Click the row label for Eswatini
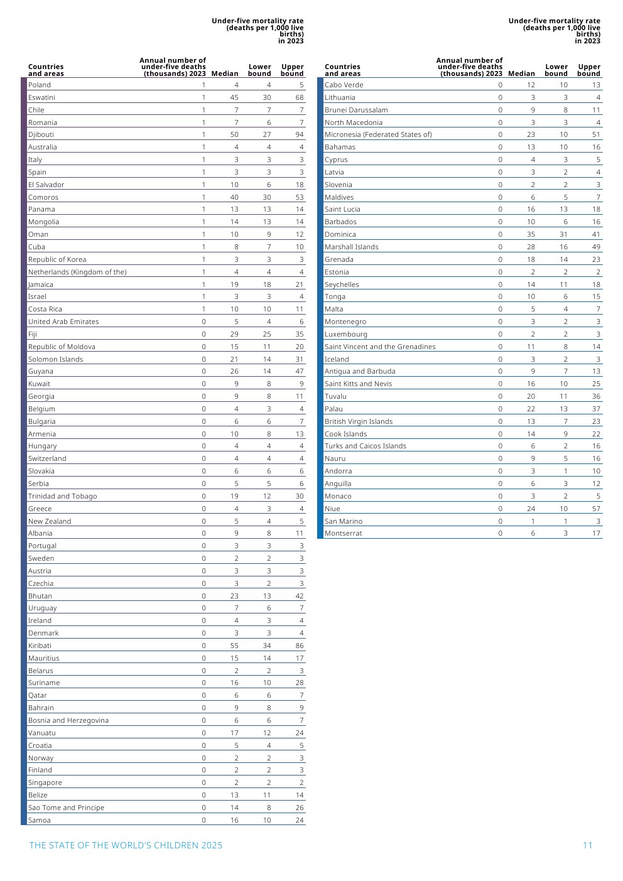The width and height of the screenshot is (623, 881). click(41, 97)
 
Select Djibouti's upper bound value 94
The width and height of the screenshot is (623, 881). click(299, 134)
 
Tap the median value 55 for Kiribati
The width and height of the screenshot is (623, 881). click(234, 646)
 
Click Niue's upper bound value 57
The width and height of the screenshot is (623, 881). click(596, 509)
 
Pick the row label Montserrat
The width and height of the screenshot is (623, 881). click(343, 533)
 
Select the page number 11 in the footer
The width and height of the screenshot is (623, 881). click(587, 845)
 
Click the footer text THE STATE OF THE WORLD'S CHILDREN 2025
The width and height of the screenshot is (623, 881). click(126, 845)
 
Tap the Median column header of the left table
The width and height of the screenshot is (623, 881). click(225, 73)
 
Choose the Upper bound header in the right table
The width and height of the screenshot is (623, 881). click(588, 70)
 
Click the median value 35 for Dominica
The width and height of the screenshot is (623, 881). click(531, 234)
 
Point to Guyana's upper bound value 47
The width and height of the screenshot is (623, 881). click(299, 371)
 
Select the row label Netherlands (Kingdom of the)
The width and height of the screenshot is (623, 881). click(77, 272)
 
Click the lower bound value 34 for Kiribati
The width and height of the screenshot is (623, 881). click(267, 646)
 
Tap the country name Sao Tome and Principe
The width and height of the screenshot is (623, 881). click(66, 808)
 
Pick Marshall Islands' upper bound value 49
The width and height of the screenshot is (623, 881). click(596, 247)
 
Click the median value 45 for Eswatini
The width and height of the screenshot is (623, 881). click(234, 97)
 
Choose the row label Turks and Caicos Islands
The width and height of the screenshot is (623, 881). click(365, 446)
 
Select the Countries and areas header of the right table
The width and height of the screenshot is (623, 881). click(342, 70)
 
